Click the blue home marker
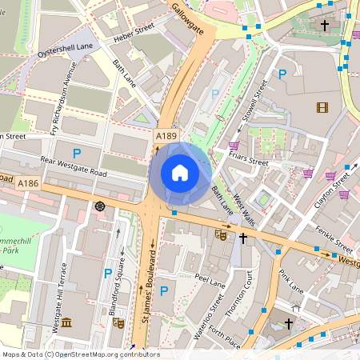click(x=180, y=173)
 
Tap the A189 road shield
click(x=166, y=137)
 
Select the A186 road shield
click(x=28, y=184)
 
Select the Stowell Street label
click(x=251, y=102)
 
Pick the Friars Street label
click(x=248, y=161)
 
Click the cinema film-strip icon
click(x=322, y=108)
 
